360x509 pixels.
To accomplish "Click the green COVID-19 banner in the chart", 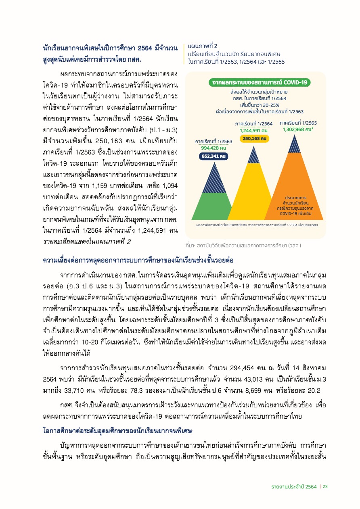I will (259, 82).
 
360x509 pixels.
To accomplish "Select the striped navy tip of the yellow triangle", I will (253, 155).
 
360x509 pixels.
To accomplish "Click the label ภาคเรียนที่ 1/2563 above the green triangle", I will (213, 142).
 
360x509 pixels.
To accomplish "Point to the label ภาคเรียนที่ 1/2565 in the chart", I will (298, 123).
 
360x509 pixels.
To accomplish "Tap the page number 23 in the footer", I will (325, 486).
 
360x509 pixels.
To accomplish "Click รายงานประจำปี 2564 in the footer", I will (294, 486).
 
